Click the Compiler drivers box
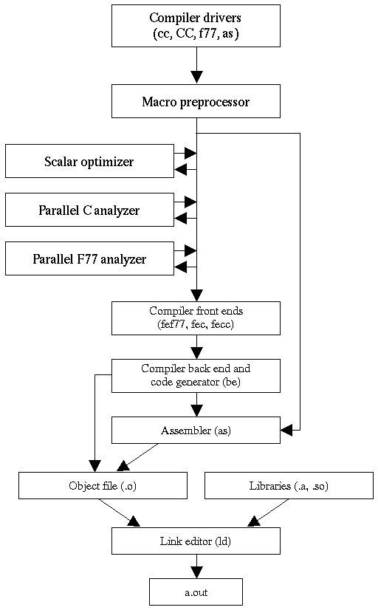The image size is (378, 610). coord(196,25)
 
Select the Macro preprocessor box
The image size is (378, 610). coord(196,101)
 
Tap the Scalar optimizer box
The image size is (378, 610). coord(89,161)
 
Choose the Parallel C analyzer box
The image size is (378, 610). coord(89,210)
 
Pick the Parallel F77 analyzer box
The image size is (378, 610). coord(89,258)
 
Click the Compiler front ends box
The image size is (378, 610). coord(196,318)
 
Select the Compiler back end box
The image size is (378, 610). coord(196,375)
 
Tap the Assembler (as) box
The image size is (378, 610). coord(196,430)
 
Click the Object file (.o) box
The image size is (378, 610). coord(103,485)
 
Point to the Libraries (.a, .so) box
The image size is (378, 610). coord(289,485)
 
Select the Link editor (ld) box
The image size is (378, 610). coord(196,541)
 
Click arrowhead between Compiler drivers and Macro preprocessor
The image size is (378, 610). coord(196,77)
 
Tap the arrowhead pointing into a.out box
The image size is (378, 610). coord(196,572)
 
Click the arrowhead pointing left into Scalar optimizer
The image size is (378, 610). coord(181,170)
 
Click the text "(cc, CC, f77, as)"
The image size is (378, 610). coord(196,32)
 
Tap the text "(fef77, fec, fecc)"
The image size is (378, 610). coord(196,323)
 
